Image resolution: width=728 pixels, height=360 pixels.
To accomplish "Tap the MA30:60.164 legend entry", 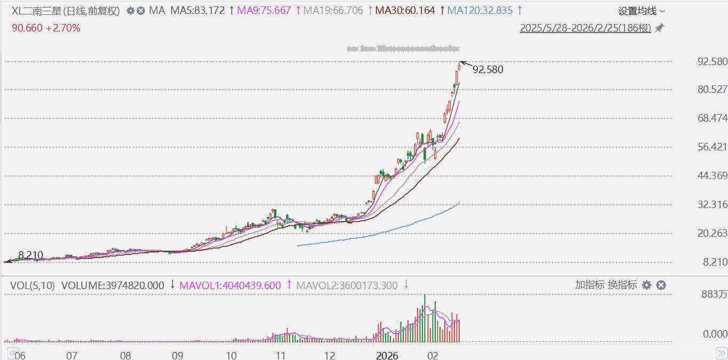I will (405, 10).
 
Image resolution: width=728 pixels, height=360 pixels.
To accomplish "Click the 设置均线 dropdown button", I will (642, 11).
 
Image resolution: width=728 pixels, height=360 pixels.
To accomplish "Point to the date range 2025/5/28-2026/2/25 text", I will (586, 28).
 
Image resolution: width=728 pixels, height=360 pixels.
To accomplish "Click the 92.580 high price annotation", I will (487, 69).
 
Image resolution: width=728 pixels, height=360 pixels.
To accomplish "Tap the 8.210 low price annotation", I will (30, 255).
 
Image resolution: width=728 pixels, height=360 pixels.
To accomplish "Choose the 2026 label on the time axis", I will (387, 355).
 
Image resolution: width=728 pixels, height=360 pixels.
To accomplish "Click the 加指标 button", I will (589, 285).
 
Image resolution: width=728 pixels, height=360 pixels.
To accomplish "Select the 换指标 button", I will (622, 285).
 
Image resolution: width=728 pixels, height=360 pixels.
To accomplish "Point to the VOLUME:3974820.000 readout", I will (113, 285).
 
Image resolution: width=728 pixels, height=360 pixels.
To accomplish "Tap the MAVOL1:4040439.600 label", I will (230, 285).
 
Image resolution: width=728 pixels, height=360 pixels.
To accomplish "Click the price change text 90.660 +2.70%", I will (46, 28).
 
